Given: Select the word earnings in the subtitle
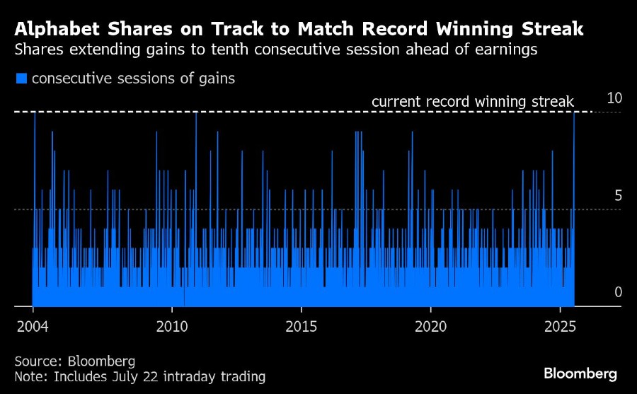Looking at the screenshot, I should (x=503, y=51).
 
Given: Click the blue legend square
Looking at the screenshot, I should (x=21, y=79).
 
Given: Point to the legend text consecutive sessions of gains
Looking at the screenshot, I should (x=133, y=79).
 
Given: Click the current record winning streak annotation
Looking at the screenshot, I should (x=472, y=102).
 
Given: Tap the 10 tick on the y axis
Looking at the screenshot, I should (x=614, y=98).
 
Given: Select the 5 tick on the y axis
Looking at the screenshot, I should (x=618, y=196).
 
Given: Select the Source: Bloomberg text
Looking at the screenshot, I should (x=74, y=361).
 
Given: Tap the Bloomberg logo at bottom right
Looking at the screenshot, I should (x=580, y=373).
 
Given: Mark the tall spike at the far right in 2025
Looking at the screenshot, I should (x=574, y=205).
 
